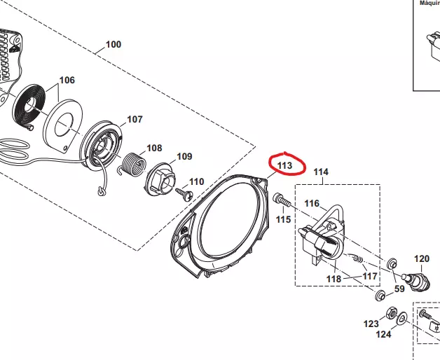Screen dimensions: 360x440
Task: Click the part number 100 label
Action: point(113,44)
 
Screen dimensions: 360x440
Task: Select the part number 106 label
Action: point(67,81)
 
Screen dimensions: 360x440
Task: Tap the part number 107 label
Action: point(134,119)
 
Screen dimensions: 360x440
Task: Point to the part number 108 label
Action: point(153,148)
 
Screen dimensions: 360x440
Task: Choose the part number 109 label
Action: point(184,156)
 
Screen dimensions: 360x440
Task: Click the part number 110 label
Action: point(197,181)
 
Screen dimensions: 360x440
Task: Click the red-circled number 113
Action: point(284,165)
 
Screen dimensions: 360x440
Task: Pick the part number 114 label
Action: point(320,172)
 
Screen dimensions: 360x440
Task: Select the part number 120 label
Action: point(421,258)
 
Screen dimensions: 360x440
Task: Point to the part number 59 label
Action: point(399,288)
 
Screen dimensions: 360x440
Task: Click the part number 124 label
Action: point(385,335)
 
